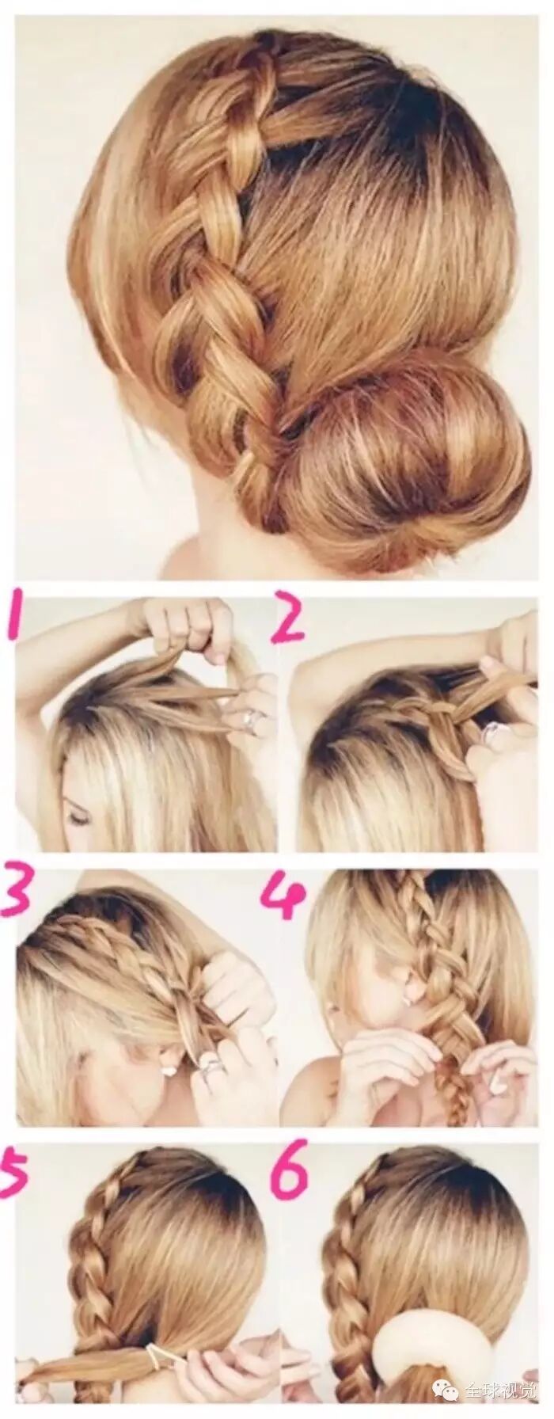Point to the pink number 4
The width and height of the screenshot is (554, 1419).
tap(283, 896)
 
